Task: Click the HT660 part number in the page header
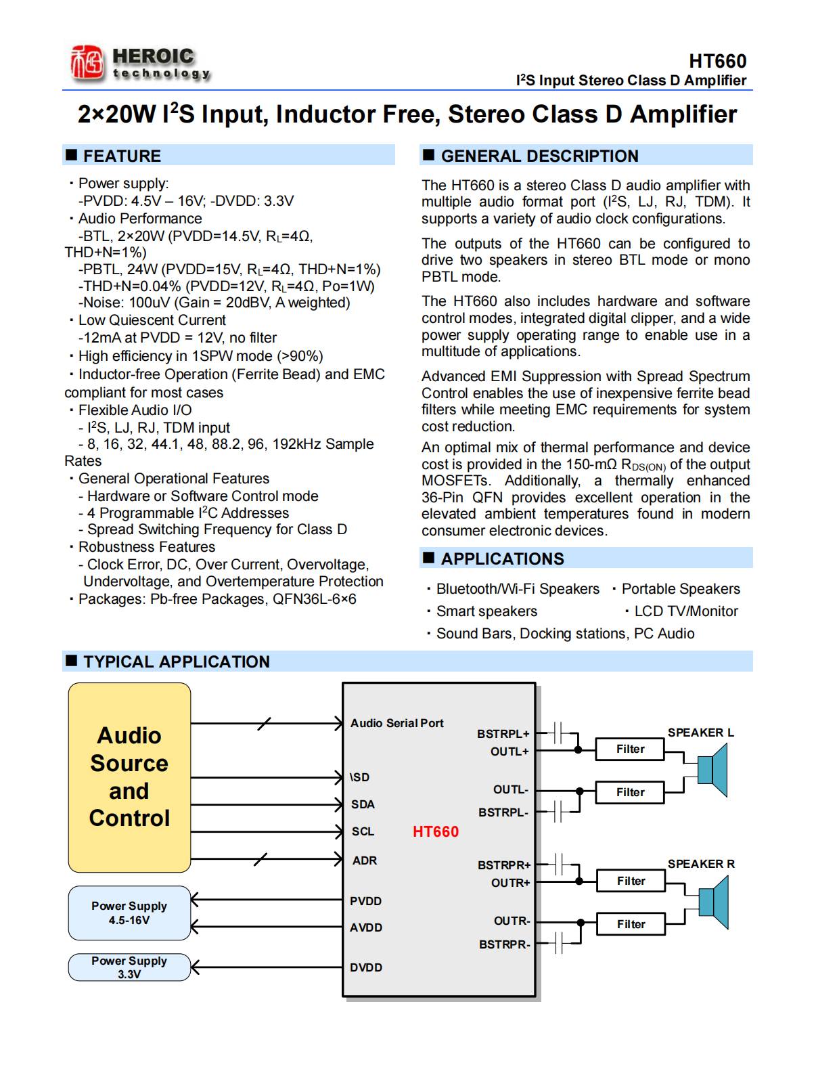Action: click(717, 61)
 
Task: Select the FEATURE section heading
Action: click(122, 156)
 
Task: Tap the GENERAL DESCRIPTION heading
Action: click(539, 156)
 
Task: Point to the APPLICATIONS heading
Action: click(502, 559)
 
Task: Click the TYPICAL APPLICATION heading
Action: click(176, 661)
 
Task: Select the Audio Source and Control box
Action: click(129, 777)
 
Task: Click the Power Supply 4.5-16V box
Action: click(129, 913)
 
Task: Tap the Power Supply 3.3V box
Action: click(129, 967)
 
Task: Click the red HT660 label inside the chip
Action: click(436, 831)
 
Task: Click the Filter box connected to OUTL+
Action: click(630, 749)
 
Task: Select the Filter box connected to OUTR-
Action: click(631, 924)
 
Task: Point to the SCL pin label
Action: click(363, 831)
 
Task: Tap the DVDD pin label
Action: click(366, 967)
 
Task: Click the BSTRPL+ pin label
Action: click(503, 733)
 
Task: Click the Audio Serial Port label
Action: click(396, 723)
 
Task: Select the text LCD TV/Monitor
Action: click(685, 611)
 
